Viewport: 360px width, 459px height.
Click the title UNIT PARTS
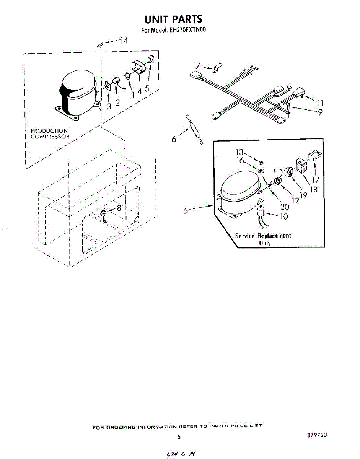173,19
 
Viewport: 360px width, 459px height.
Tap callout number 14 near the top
123,40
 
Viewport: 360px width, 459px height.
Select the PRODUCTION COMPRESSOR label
50,133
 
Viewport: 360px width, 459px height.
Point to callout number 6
174,139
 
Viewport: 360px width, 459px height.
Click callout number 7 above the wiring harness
197,65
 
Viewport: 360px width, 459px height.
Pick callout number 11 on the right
320,103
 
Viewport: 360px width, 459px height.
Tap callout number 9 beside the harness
320,112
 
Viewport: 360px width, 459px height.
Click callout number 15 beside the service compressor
184,210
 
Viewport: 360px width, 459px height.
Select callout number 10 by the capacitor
284,216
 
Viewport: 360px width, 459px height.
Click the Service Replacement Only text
263,239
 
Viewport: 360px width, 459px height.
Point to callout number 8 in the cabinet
119,208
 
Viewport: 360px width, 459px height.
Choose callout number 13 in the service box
239,153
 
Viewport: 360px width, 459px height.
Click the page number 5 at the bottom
179,437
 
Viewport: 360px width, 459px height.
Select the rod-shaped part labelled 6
194,129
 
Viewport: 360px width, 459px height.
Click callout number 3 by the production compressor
109,106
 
